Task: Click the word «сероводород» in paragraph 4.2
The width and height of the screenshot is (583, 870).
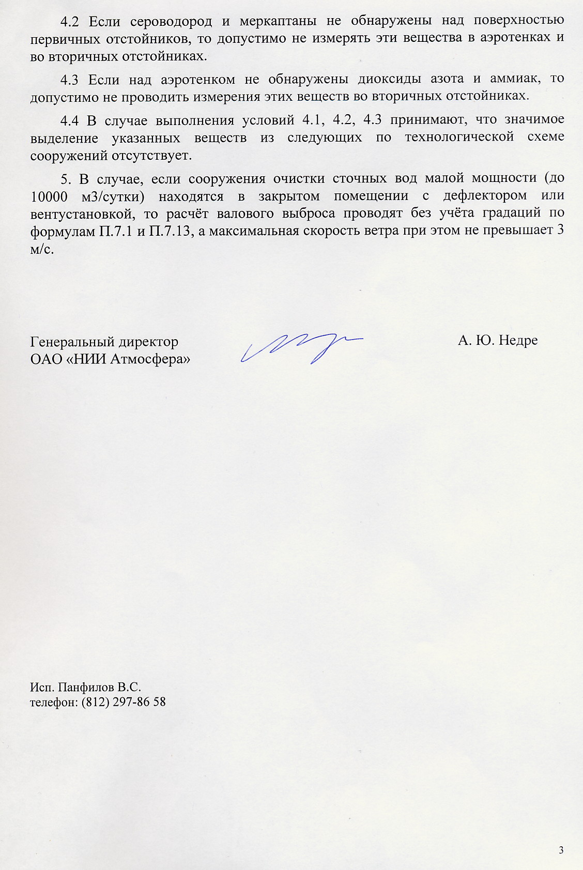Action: pyautogui.click(x=171, y=22)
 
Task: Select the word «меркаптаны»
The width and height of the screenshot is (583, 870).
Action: pyautogui.click(x=278, y=22)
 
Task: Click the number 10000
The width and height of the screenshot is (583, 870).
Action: pyautogui.click(x=49, y=197)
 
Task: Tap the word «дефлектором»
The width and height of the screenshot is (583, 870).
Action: pyautogui.click(x=485, y=196)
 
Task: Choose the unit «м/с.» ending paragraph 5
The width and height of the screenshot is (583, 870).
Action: pyautogui.click(x=42, y=249)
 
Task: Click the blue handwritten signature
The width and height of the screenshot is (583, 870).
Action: pyautogui.click(x=300, y=345)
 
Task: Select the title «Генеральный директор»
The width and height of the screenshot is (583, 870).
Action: pyautogui.click(x=104, y=342)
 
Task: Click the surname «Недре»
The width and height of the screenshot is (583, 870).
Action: pyautogui.click(x=518, y=341)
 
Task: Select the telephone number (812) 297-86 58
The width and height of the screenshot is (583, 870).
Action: pyautogui.click(x=124, y=702)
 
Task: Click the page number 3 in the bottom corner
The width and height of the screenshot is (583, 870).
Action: pyautogui.click(x=561, y=850)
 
